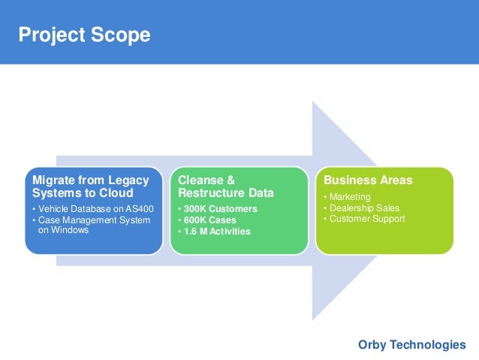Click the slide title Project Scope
tap(84, 35)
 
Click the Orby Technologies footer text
tap(411, 344)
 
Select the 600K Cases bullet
tap(207, 220)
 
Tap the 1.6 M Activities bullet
tap(215, 231)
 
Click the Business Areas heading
tap(367, 181)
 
